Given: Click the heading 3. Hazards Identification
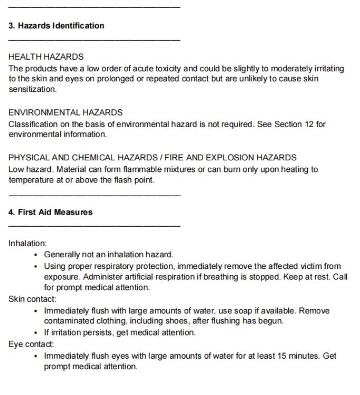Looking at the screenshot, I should pyautogui.click(x=56, y=26).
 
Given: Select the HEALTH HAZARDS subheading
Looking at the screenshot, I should pyautogui.click(x=46, y=57).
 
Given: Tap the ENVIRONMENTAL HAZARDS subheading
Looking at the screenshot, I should pyautogui.click(x=65, y=112).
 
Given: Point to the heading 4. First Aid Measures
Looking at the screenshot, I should pyautogui.click(x=50, y=213).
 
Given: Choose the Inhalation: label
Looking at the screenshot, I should pyautogui.click(x=27, y=244).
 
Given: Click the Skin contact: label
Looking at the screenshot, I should pyautogui.click(x=32, y=299).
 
